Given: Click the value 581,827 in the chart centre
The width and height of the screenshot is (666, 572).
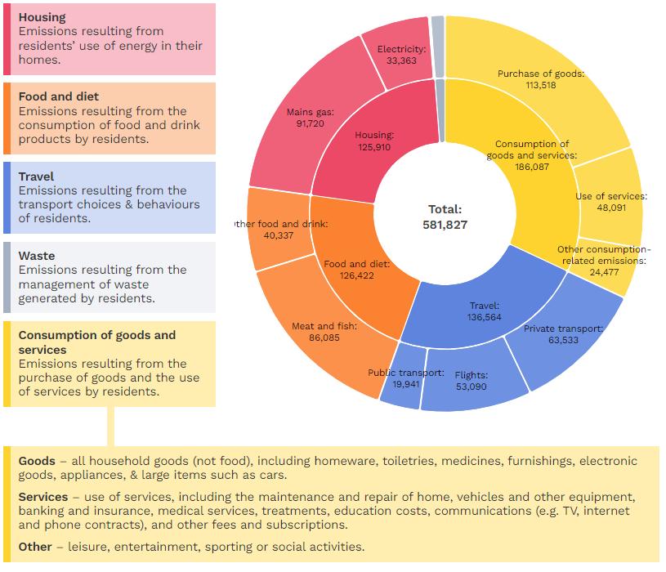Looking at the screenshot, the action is point(445,225).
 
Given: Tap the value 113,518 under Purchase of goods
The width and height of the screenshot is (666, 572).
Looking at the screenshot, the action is point(541,85).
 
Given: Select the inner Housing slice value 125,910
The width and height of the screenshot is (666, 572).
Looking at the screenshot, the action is point(373,147).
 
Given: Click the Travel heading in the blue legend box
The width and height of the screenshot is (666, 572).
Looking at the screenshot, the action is point(36,177).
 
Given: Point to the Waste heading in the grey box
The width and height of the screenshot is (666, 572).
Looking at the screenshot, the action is point(37,256).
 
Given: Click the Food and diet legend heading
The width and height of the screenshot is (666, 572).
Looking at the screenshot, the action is point(59,96).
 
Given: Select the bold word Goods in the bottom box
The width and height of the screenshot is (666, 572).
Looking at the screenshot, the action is point(37,461).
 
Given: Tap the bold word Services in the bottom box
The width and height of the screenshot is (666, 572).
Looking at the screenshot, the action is point(42,497).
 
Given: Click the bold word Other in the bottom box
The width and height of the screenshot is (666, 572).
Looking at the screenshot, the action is point(35,547).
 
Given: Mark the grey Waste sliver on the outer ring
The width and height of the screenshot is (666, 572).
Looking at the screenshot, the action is point(438,47).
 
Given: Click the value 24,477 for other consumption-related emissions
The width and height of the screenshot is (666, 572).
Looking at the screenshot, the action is point(604,272).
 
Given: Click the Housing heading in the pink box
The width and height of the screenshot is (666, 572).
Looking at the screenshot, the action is point(42,17).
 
